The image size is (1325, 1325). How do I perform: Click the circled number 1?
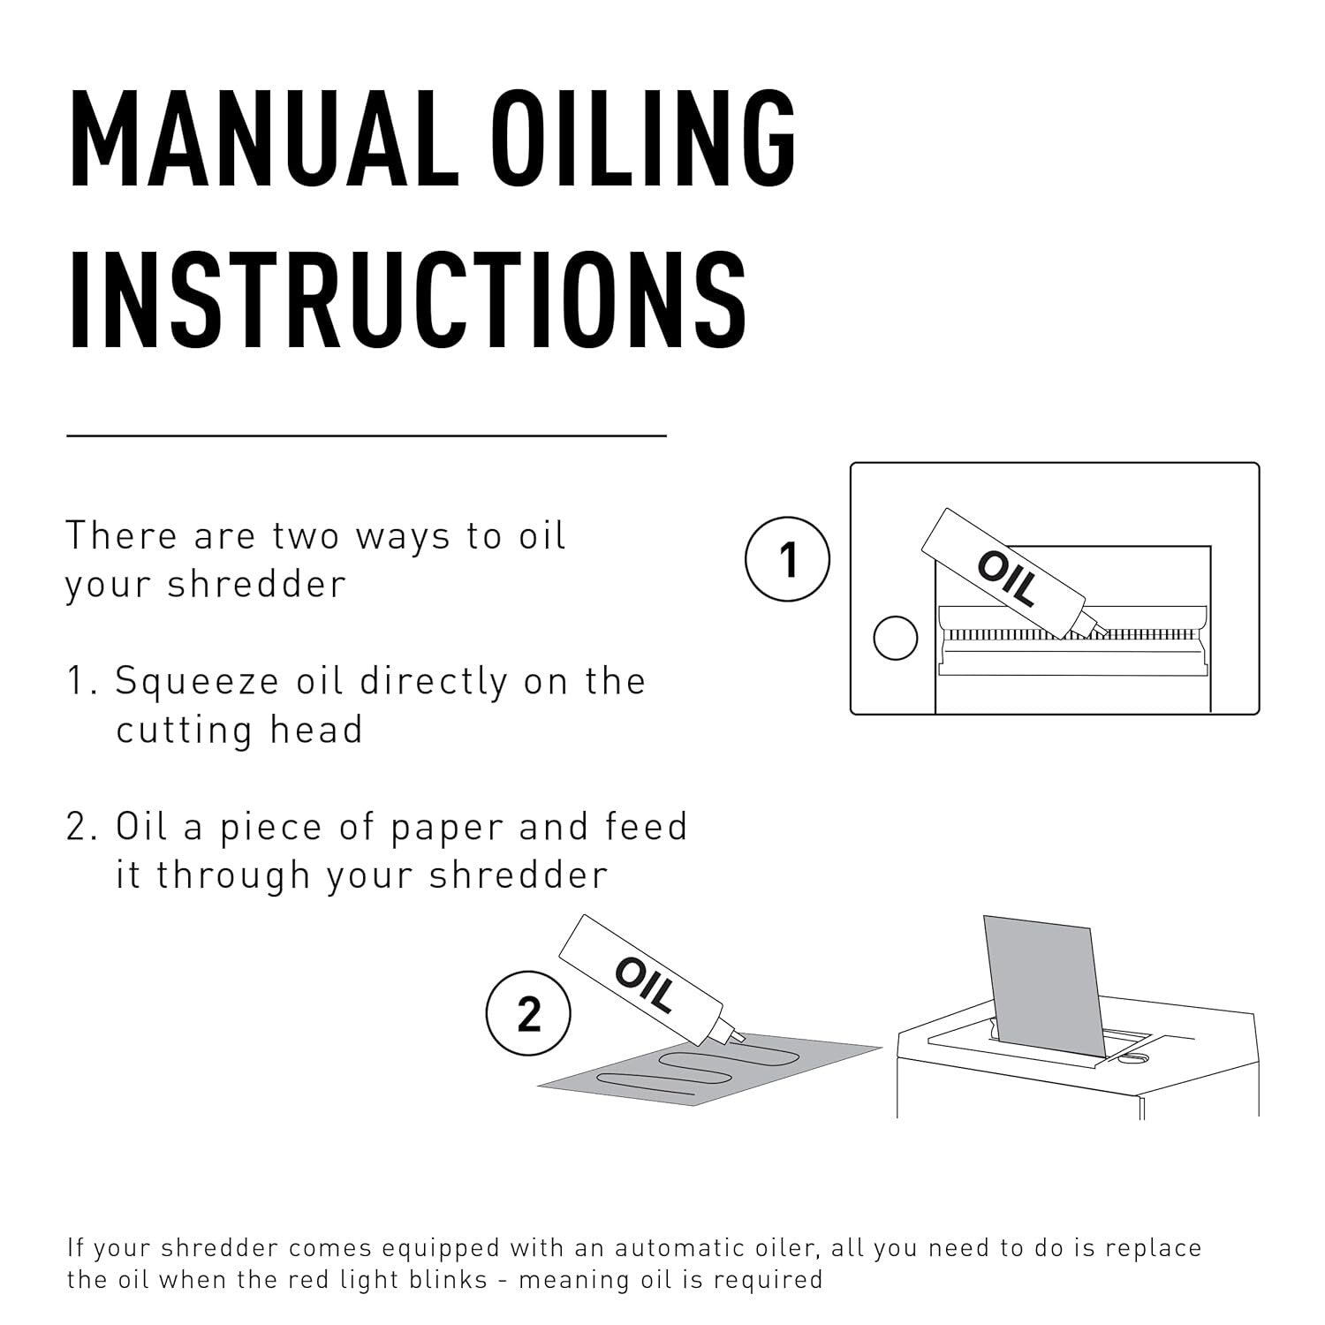pyautogui.click(x=788, y=560)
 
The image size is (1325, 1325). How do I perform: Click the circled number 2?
pyautogui.click(x=528, y=1014)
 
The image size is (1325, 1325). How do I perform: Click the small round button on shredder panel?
pyautogui.click(x=895, y=637)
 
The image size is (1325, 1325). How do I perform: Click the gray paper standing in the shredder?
pyautogui.click(x=1042, y=980)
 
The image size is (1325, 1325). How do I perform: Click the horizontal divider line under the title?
pyautogui.click(x=366, y=435)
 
